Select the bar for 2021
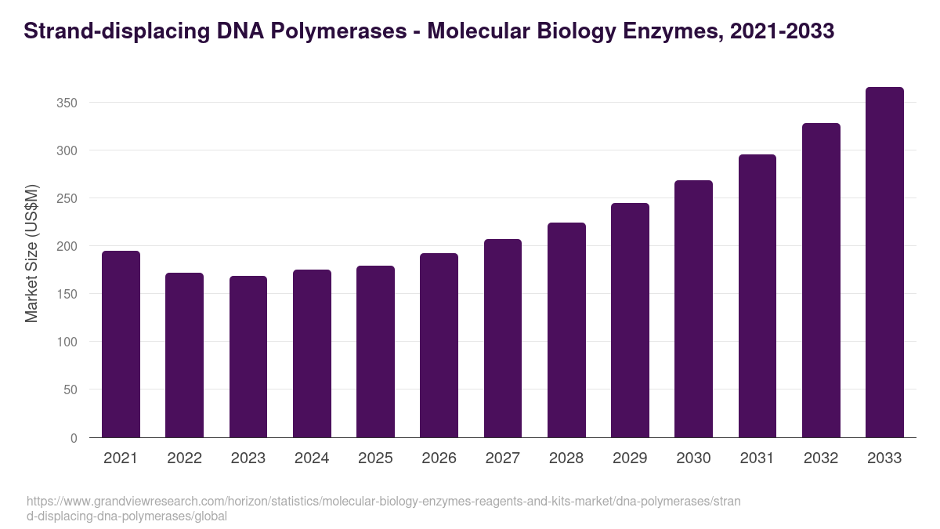pos(121,344)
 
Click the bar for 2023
pos(248,357)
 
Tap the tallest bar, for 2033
pos(884,263)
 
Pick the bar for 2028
pos(566,330)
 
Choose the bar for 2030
pos(693,309)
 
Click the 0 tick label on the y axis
pos(74,438)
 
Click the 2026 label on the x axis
pos(439,458)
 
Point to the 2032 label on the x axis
pos(821,458)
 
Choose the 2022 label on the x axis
pos(184,458)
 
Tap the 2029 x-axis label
pos(630,458)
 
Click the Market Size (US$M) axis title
pos(31,253)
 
